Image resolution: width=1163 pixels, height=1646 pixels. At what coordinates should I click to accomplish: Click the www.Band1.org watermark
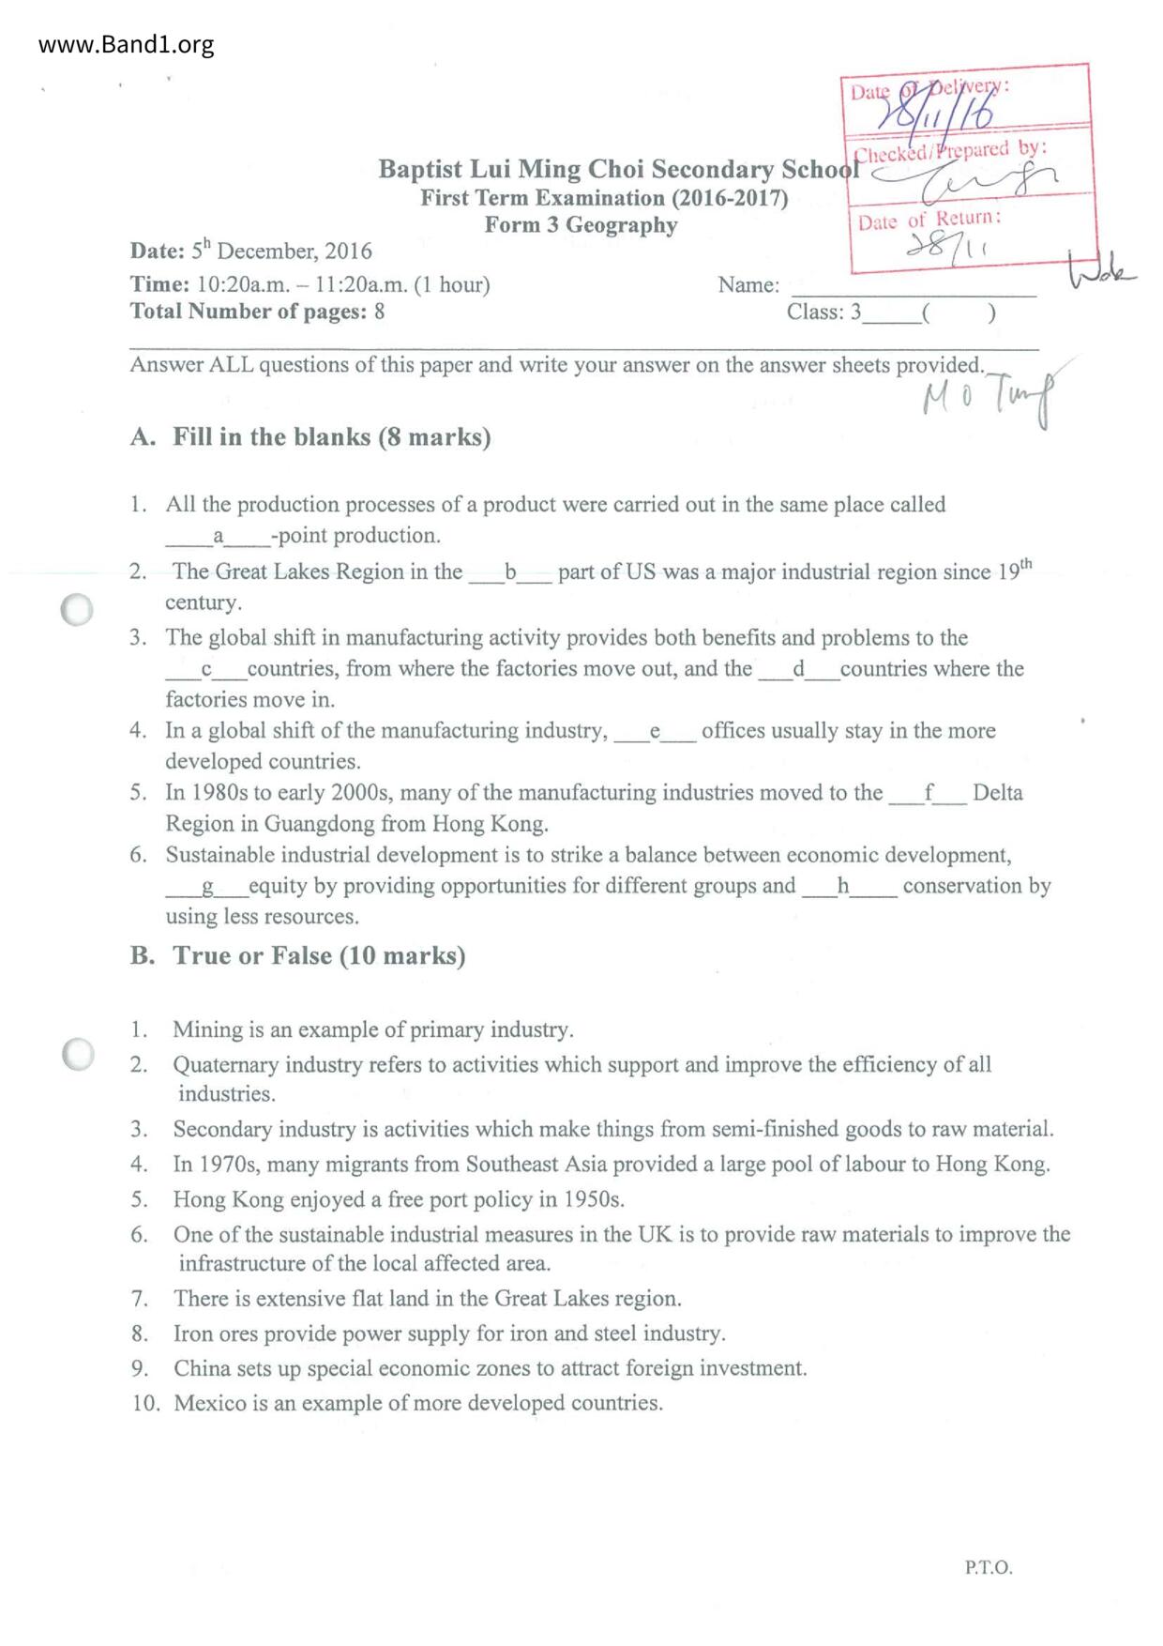[x=126, y=45]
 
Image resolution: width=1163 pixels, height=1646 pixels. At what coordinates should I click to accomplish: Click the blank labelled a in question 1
[x=218, y=537]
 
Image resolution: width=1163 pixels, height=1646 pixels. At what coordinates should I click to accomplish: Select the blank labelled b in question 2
[x=510, y=572]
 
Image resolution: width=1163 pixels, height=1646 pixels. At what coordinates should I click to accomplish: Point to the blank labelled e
[x=655, y=731]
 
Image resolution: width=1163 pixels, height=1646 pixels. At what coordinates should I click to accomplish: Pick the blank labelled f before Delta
[x=928, y=793]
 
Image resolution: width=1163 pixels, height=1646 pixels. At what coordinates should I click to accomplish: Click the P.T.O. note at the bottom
[x=988, y=1567]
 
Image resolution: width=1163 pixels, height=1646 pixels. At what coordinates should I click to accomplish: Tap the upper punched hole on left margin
[x=77, y=610]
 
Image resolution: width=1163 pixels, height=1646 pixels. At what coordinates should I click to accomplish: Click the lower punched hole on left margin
[x=78, y=1054]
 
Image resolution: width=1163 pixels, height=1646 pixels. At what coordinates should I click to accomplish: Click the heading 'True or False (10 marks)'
[x=319, y=956]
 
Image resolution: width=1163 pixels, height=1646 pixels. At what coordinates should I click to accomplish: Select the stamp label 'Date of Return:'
[x=929, y=220]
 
